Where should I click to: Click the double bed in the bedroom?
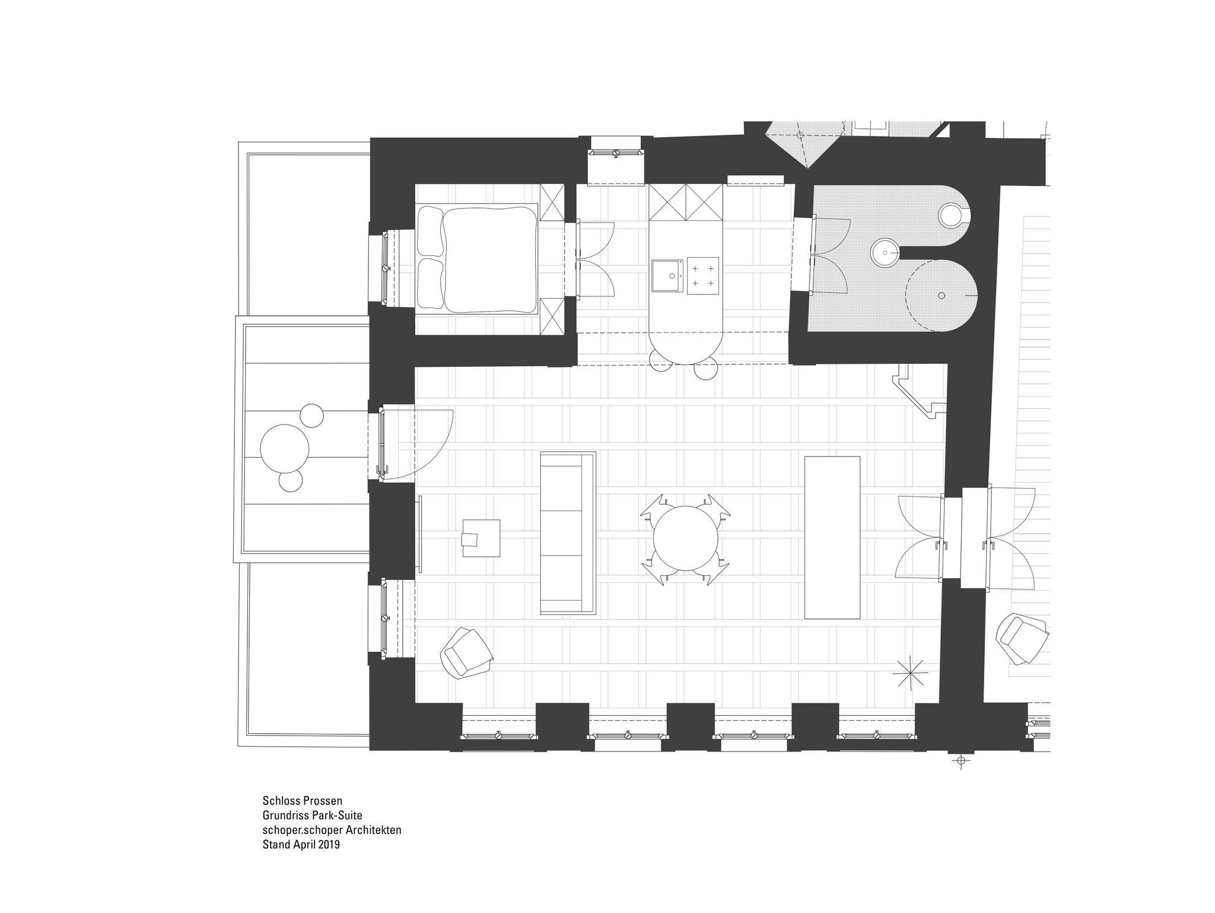tap(478, 259)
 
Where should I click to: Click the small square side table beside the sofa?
tap(481, 538)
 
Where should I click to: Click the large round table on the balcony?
tap(285, 449)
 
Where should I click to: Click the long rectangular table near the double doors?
tap(832, 538)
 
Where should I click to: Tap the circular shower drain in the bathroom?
tap(942, 295)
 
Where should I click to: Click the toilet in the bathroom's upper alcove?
tap(953, 215)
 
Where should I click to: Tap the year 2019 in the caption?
tap(328, 845)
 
